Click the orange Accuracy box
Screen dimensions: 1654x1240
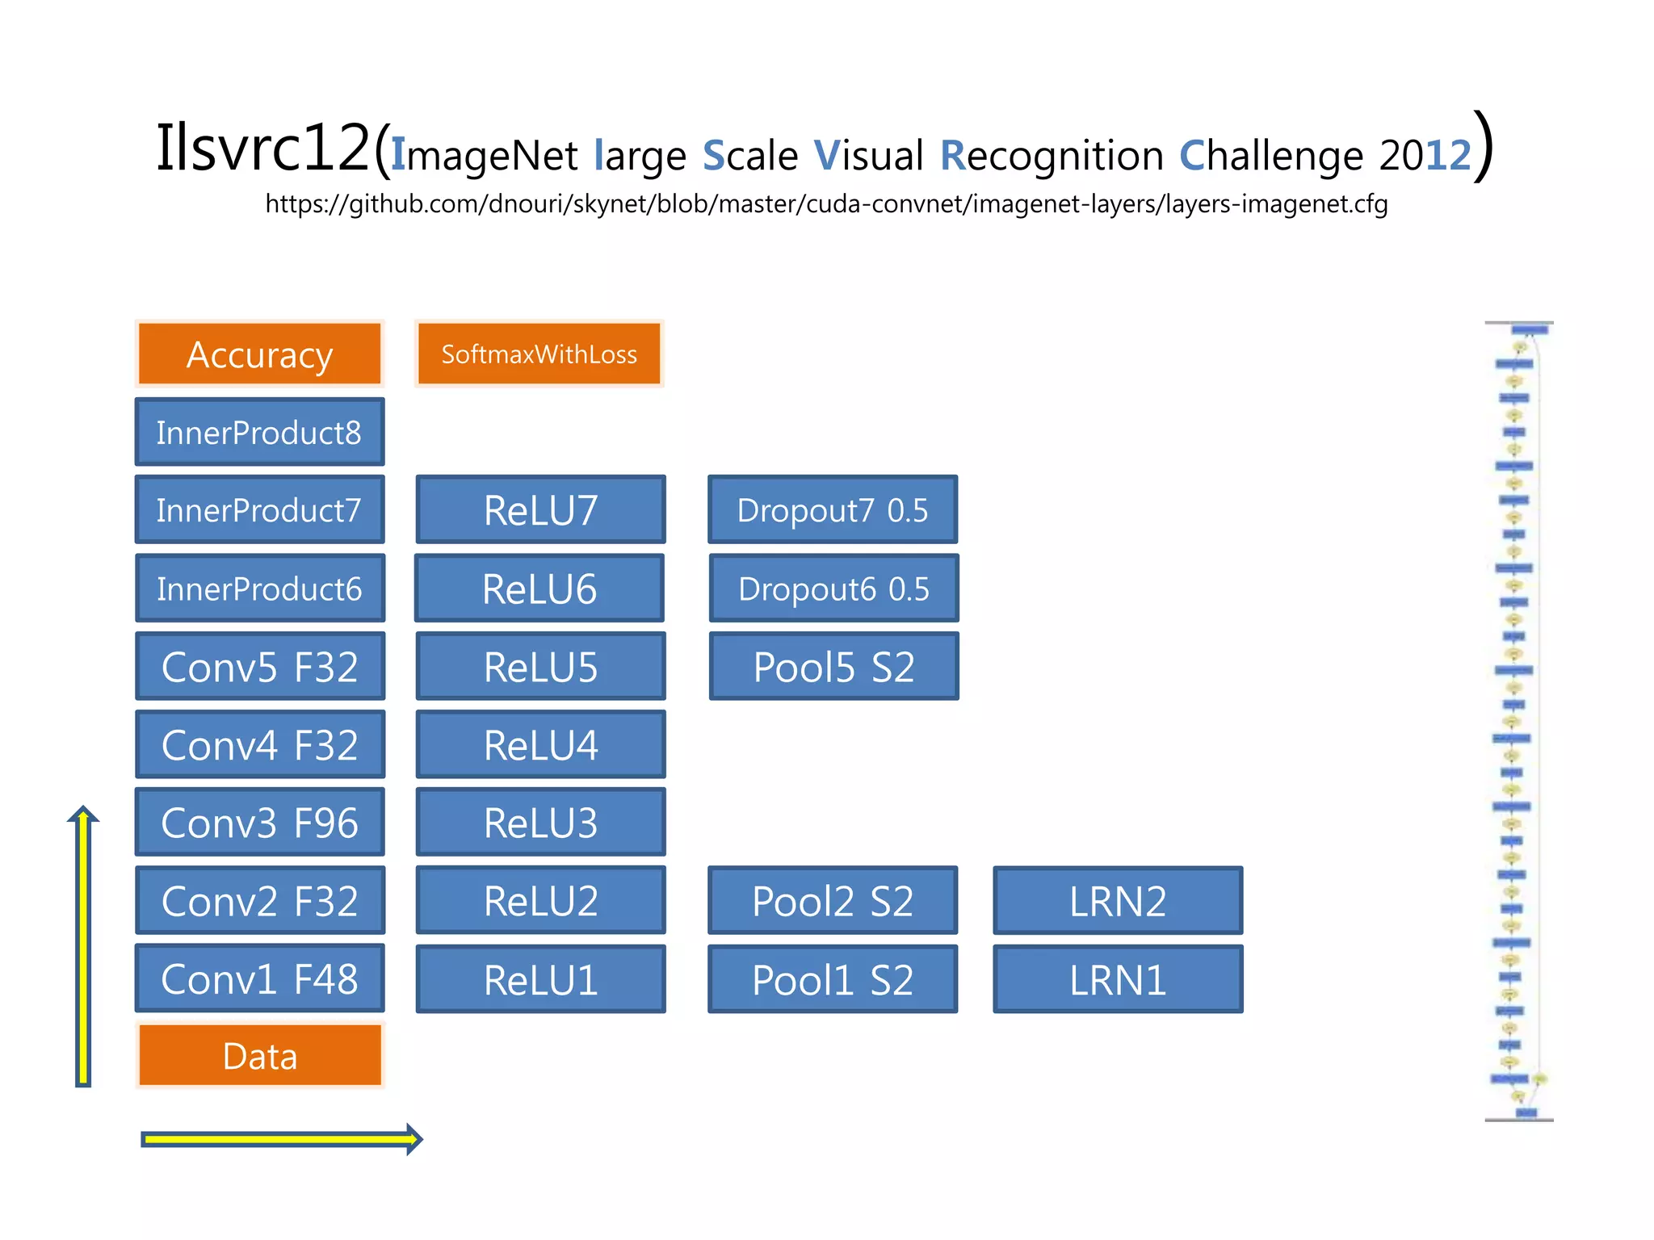click(259, 354)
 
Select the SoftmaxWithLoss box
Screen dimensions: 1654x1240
click(539, 354)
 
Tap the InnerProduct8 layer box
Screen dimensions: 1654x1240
click(259, 432)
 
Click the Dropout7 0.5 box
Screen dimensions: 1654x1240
click(833, 510)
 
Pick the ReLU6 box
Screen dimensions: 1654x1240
click(539, 589)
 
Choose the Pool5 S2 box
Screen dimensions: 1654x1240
click(833, 667)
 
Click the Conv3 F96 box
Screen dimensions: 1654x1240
click(259, 823)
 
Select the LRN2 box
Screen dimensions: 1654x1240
click(1118, 901)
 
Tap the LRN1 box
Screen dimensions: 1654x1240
click(1118, 979)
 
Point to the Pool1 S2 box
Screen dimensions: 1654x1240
click(833, 979)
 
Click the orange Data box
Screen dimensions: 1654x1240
click(259, 1056)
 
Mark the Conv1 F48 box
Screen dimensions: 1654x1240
click(259, 979)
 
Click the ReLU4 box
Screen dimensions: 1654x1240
click(540, 744)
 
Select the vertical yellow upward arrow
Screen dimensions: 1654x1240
click(83, 949)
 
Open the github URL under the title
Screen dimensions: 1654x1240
click(826, 203)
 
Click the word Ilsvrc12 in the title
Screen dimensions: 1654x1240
click(262, 149)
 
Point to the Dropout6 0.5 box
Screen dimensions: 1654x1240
click(833, 589)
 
